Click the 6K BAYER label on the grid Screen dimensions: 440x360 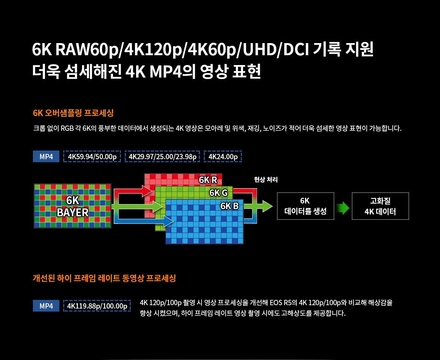coord(73,206)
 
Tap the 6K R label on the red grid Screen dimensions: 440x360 coord(208,180)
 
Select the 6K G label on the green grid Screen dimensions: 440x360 coord(218,193)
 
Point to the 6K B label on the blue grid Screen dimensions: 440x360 coord(229,206)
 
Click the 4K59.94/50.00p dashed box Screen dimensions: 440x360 coord(92,157)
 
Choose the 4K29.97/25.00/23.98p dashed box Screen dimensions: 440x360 coord(163,157)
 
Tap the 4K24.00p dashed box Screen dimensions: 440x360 coord(223,157)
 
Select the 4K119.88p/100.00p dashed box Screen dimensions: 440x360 coord(97,306)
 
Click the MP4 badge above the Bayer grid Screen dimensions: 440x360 coord(46,157)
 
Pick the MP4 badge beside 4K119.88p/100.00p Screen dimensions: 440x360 coord(46,306)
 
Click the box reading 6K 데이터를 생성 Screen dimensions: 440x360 coord(305,206)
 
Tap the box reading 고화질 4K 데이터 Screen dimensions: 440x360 coord(380,206)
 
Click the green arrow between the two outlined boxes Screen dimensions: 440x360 coord(342,208)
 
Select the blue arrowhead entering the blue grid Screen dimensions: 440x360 coord(168,221)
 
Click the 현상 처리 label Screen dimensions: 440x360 coord(266,180)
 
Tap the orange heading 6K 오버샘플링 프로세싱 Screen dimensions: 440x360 coord(73,113)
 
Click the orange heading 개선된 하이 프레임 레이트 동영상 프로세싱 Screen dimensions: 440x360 coord(104,278)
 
